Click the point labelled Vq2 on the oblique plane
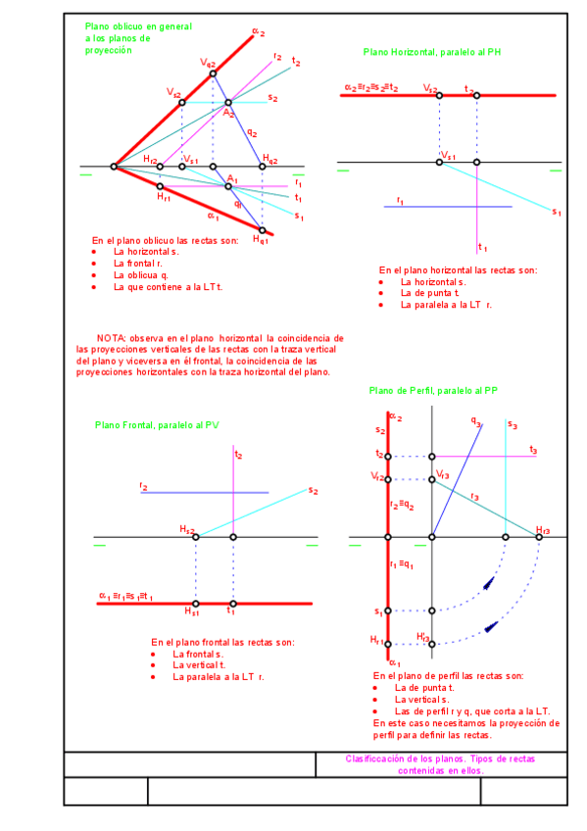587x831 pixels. tap(213, 73)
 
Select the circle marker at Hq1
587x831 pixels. tap(262, 230)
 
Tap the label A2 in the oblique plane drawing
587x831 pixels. tap(228, 114)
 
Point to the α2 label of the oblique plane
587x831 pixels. tap(259, 32)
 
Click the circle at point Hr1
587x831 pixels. tap(161, 186)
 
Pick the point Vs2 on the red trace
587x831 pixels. tap(181, 102)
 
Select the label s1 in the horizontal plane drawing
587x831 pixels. tap(556, 212)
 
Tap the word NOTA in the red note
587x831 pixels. tap(111, 336)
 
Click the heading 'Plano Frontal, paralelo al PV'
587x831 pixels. tap(158, 425)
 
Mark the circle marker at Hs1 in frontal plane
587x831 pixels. tap(196, 604)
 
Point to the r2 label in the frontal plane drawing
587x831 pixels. tap(144, 486)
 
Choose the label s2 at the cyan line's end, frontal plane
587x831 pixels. tap(313, 490)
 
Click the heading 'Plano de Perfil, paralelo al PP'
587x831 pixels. tap(433, 390)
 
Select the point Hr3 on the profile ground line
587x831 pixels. tap(539, 537)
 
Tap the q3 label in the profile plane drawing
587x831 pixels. tap(476, 422)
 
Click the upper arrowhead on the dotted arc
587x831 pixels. tap(487, 585)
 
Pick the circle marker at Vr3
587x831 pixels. tap(432, 479)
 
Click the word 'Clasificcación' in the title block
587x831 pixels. tap(377, 758)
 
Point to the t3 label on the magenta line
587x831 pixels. tap(532, 450)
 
